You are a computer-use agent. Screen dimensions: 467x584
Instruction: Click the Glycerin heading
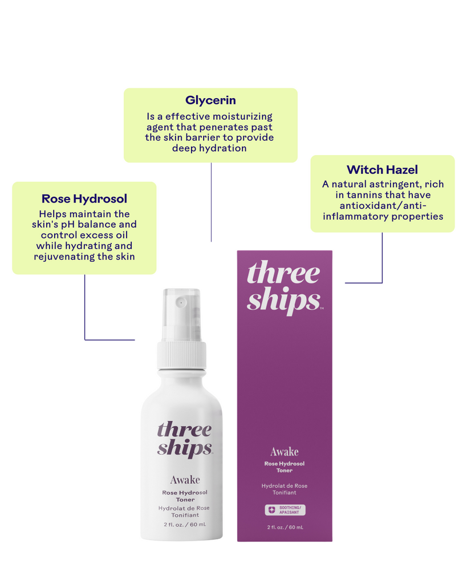(210, 100)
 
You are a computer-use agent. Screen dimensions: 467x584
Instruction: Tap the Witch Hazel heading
(382, 170)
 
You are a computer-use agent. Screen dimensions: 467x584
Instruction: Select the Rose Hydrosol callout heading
(84, 198)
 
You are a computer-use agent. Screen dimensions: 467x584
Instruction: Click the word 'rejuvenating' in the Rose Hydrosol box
(64, 257)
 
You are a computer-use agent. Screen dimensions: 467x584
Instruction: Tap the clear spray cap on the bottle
(182, 314)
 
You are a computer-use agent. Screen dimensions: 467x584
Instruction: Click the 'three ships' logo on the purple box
(284, 287)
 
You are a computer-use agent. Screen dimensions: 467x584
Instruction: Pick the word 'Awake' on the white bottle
(185, 480)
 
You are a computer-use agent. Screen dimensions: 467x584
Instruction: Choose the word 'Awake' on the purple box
(284, 452)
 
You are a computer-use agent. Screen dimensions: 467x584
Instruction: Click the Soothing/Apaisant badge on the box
(285, 510)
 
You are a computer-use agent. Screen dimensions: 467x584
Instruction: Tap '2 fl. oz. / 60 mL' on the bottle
(185, 525)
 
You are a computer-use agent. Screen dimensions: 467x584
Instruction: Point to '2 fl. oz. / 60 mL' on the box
(285, 528)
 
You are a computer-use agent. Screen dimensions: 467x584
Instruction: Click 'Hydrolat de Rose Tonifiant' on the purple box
(284, 489)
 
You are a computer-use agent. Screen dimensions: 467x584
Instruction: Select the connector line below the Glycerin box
(211, 202)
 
